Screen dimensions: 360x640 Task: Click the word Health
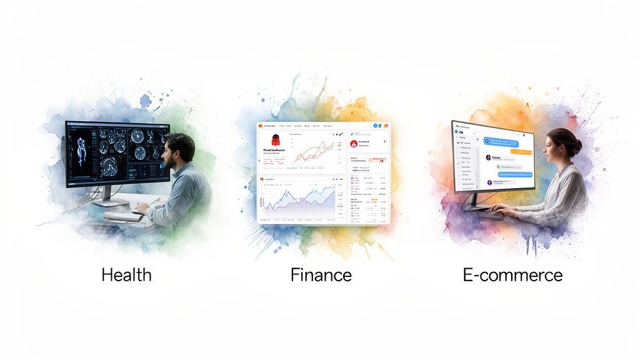click(126, 275)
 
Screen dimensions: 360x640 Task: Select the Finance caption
click(321, 275)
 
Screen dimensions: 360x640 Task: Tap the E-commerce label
click(512, 275)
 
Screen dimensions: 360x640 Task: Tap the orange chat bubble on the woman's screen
click(520, 152)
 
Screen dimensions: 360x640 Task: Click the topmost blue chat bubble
click(506, 142)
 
